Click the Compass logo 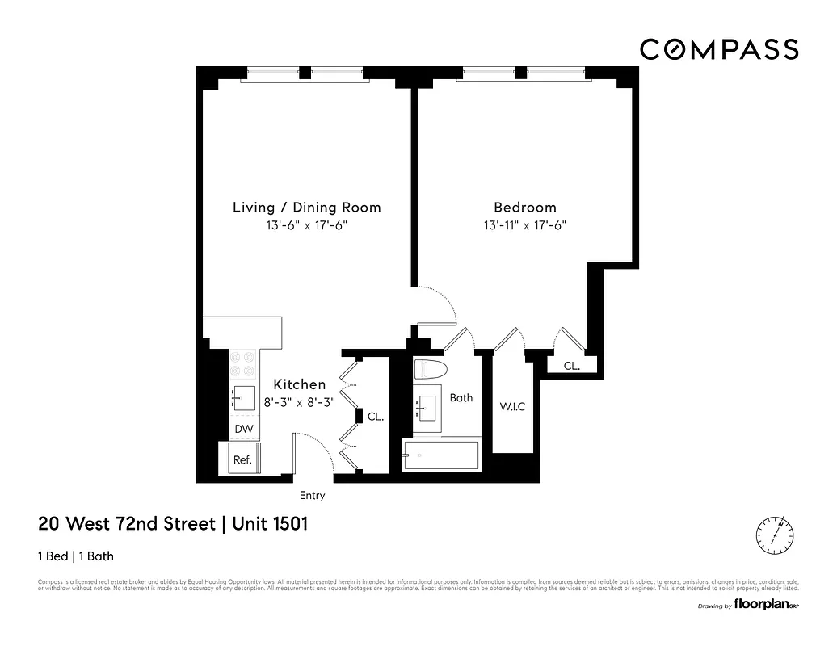(719, 49)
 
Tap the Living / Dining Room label (306, 208)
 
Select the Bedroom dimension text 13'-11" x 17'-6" (526, 226)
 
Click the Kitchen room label (299, 384)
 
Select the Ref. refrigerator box (242, 459)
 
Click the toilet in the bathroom (431, 370)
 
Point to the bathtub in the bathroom (441, 456)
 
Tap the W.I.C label (513, 406)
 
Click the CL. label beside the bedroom (571, 366)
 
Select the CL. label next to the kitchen (375, 417)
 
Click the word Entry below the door (312, 496)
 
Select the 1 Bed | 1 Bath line (81, 556)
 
